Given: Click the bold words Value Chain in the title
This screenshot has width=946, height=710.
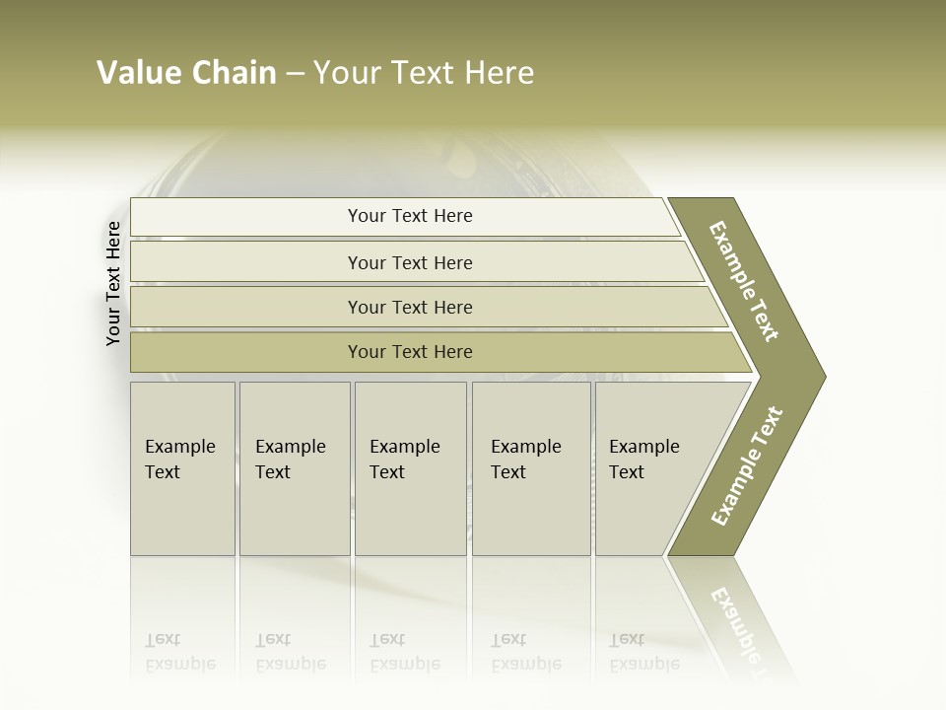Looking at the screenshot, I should pos(187,73).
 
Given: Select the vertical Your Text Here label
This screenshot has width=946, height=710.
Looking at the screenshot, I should pos(113,283).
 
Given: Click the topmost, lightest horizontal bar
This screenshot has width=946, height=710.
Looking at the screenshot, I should pos(410,216).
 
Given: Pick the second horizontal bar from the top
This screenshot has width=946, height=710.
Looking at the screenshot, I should pos(410,262).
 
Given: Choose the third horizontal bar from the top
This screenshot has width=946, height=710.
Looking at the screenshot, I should pos(410,307).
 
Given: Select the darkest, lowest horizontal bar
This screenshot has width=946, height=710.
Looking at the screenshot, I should pos(410,352).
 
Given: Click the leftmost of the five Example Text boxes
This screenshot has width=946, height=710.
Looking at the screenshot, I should pos(182,468).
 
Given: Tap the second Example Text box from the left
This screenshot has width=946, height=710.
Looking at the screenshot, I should pos(294,468).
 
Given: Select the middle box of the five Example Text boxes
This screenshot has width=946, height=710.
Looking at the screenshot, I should pos(410,468).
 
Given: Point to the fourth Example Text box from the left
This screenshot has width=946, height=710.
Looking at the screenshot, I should pos(531,468).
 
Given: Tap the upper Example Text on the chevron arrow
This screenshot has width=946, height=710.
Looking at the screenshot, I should pos(744,281).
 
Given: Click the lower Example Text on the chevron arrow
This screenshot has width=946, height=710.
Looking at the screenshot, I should pos(747,465).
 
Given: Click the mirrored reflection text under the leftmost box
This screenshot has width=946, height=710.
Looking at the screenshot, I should pos(180,652).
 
